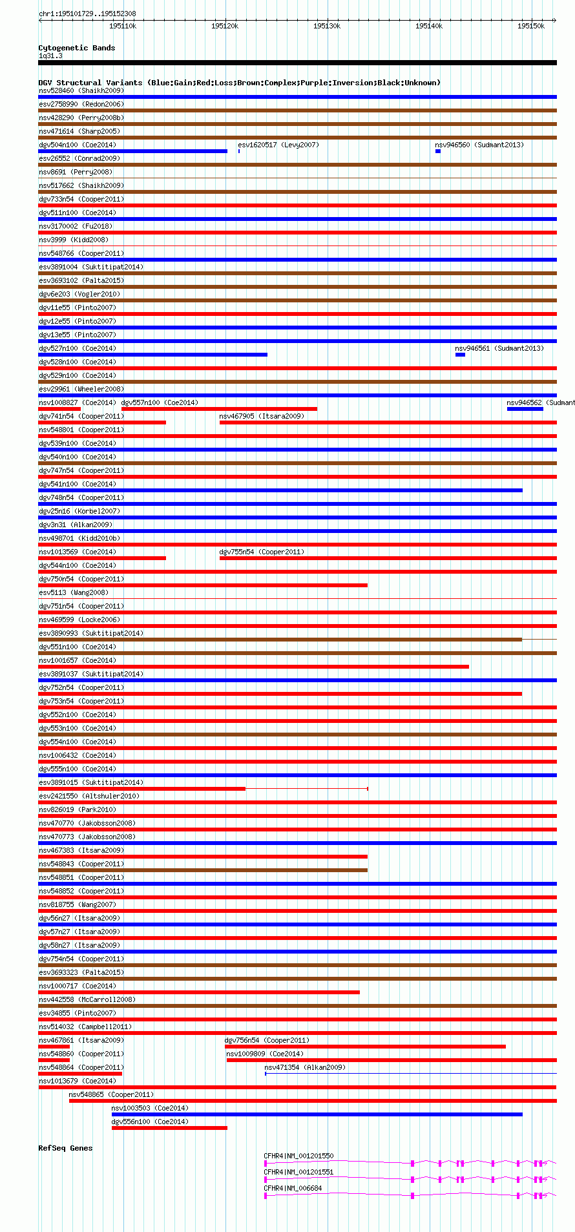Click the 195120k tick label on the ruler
coord(225,26)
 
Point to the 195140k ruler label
coord(429,26)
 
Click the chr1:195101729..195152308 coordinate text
coord(87,14)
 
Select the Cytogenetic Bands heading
coord(76,48)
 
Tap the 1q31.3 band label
coord(50,56)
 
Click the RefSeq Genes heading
coord(65,1148)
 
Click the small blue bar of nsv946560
coord(437,151)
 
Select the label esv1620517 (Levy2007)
coord(278,145)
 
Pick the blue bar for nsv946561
coord(460,355)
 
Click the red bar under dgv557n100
coord(219,409)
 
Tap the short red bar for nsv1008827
coord(59,409)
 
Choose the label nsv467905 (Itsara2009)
coord(262,416)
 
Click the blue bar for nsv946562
coord(525,409)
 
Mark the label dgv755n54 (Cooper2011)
coord(262,552)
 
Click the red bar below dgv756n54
coord(365,1047)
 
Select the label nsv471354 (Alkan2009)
coord(305,1067)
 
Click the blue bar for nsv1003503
coord(317,1114)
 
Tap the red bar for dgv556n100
coord(169,1128)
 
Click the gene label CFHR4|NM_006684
coord(293,1188)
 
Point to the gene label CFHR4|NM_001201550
coord(298,1156)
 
